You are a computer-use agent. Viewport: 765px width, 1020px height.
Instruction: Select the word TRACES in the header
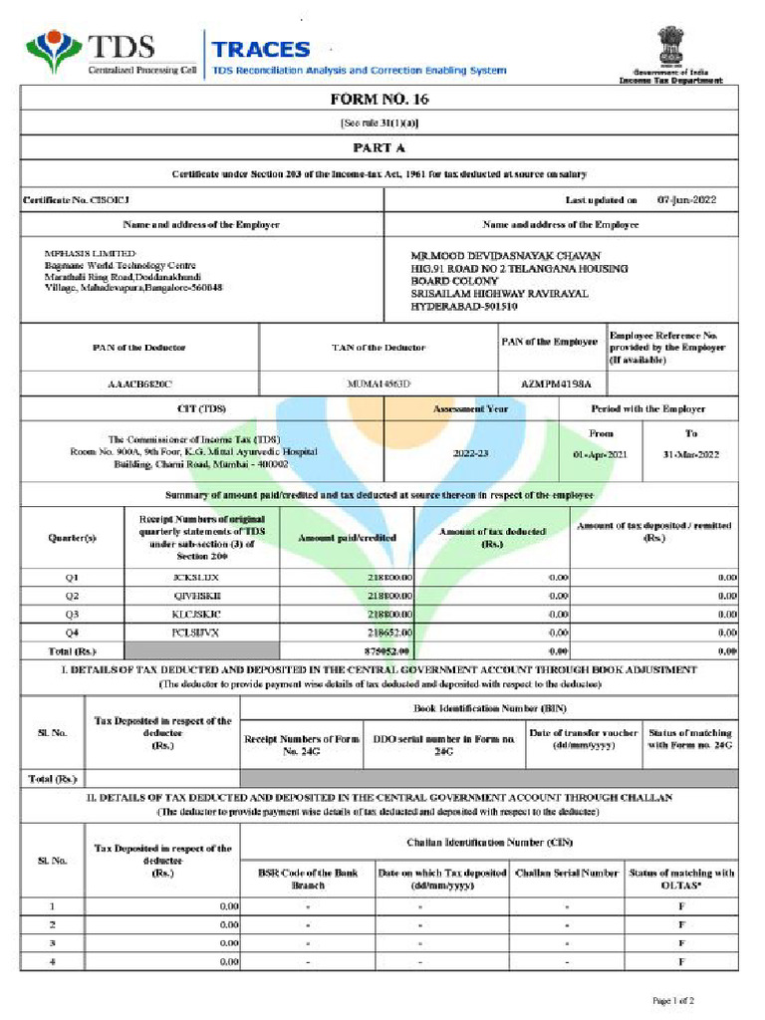pyautogui.click(x=261, y=49)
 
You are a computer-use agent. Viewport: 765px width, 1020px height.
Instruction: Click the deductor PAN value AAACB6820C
pyautogui.click(x=139, y=383)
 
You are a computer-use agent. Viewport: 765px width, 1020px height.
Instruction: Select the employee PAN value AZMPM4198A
pyautogui.click(x=556, y=383)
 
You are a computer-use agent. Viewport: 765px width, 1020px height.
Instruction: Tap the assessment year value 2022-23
pyautogui.click(x=470, y=453)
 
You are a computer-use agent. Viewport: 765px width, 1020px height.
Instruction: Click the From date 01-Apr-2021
pyautogui.click(x=601, y=454)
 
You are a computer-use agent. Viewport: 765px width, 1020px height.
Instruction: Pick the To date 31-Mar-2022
pyautogui.click(x=691, y=454)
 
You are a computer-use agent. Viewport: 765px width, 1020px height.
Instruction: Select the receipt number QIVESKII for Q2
pyautogui.click(x=201, y=596)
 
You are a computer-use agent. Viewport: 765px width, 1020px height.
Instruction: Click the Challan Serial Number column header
pyautogui.click(x=567, y=874)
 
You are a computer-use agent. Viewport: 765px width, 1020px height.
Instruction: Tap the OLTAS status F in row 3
pyautogui.click(x=681, y=942)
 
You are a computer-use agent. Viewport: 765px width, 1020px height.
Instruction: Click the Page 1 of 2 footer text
pyautogui.click(x=673, y=999)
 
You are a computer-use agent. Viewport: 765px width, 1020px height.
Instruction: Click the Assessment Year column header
pyautogui.click(x=470, y=408)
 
